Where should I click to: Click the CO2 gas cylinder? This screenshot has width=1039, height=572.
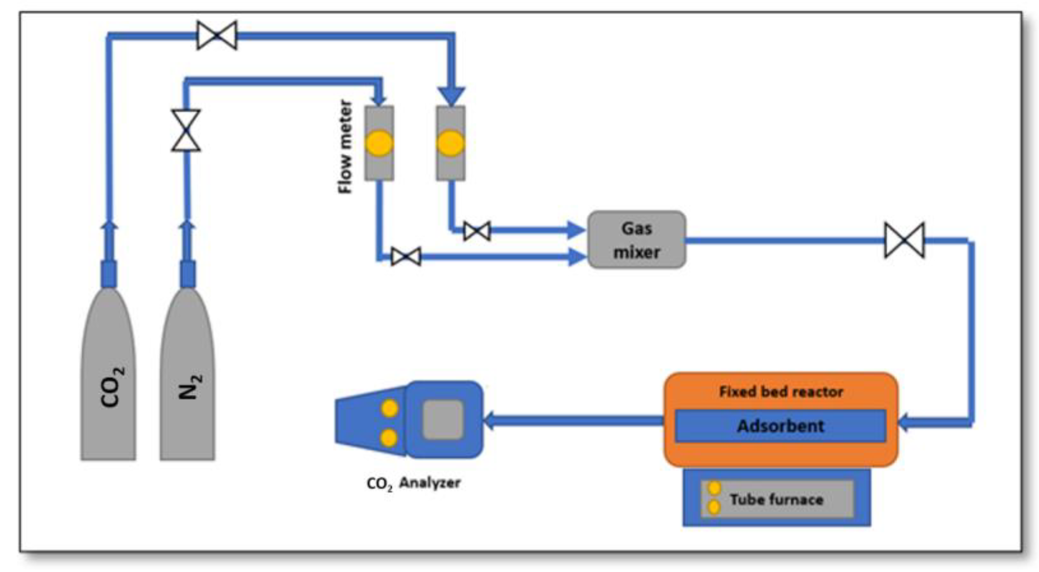[x=108, y=374]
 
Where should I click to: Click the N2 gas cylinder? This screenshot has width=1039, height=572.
[x=187, y=374]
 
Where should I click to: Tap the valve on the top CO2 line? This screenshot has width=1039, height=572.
[x=217, y=35]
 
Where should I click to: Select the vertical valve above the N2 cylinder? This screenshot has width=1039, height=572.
[x=186, y=130]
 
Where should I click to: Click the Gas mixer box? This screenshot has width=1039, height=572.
[x=636, y=240]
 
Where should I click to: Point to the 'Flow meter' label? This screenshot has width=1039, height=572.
[x=345, y=147]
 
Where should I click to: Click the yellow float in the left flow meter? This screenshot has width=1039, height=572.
[x=379, y=143]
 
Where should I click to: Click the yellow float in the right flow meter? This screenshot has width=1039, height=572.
[x=451, y=143]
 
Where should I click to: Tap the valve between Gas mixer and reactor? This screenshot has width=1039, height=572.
[x=904, y=241]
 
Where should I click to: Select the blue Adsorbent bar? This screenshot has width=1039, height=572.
[x=781, y=426]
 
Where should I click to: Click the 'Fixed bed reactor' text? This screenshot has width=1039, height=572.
[x=781, y=391]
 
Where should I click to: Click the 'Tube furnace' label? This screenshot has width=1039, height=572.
[x=777, y=499]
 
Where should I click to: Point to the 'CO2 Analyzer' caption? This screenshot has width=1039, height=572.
[x=413, y=483]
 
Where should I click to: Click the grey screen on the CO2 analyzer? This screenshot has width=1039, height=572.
[x=443, y=419]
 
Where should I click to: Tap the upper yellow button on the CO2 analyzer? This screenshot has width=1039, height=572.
[x=389, y=408]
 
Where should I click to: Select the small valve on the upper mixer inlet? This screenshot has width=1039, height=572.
[x=477, y=231]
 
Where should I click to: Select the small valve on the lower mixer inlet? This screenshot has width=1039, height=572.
[x=406, y=257]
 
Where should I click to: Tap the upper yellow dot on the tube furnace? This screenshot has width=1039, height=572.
[x=715, y=488]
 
